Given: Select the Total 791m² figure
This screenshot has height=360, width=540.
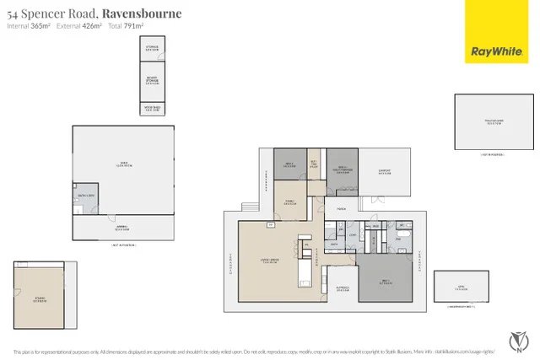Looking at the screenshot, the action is (x=122, y=27).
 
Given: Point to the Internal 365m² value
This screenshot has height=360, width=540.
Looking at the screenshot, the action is (x=29, y=27).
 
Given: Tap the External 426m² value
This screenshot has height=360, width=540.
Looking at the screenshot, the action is (x=79, y=27).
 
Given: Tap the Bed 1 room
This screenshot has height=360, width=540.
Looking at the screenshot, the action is (x=384, y=282).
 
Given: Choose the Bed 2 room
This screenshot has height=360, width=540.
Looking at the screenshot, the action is (x=289, y=164).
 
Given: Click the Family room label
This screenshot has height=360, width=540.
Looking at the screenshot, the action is (x=290, y=202).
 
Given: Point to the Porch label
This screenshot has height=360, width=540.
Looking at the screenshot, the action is (x=342, y=207).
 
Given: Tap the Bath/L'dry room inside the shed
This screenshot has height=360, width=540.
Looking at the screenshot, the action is (x=85, y=196).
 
